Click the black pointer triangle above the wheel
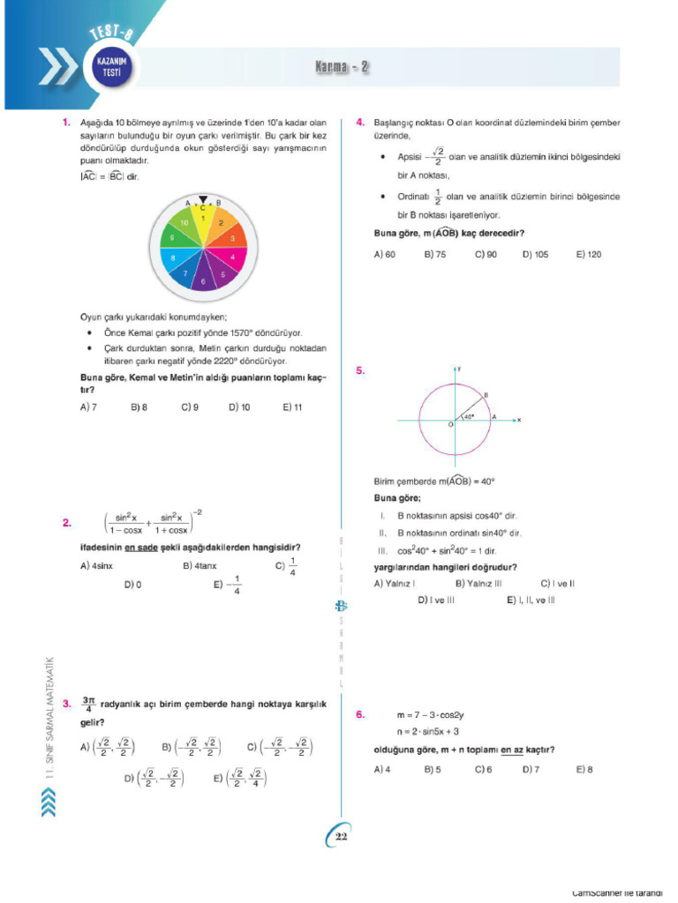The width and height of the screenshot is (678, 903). tap(203, 199)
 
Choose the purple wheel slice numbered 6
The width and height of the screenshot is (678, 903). tap(203, 281)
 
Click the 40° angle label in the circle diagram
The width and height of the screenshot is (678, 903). tap(470, 415)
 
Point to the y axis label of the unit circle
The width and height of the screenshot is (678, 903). tap(460, 367)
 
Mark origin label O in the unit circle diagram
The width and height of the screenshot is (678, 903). tap(450, 425)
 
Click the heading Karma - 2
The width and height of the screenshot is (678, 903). tap(342, 68)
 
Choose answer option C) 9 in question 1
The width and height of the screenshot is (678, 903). tap(189, 407)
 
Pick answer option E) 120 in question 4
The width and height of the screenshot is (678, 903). tap(588, 254)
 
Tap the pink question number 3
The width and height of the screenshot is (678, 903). tap(67, 704)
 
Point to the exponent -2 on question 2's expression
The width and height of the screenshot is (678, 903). tap(200, 512)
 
